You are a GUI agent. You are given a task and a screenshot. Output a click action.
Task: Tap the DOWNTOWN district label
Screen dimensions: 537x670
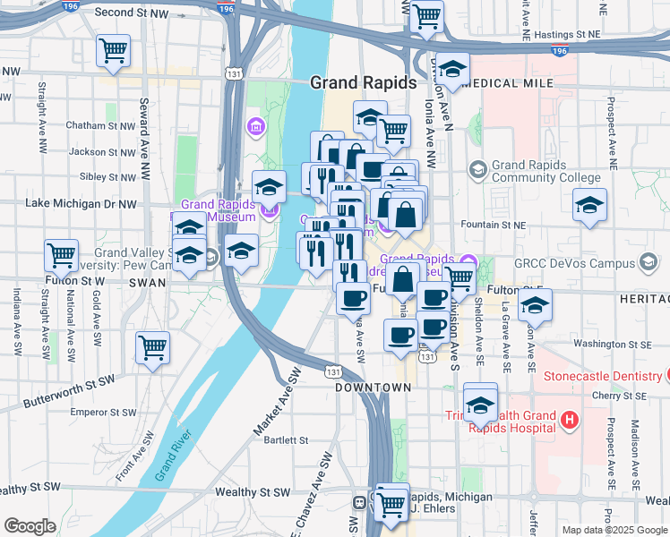click(x=374, y=388)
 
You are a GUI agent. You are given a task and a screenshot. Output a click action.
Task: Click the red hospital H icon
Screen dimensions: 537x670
click(x=567, y=418)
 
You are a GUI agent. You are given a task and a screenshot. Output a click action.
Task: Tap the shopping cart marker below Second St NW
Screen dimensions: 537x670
click(x=114, y=51)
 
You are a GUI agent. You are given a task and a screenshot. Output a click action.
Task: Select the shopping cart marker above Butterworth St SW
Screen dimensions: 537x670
click(x=153, y=347)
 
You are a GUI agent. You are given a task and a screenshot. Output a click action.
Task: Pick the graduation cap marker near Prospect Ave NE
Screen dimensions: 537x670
click(x=589, y=205)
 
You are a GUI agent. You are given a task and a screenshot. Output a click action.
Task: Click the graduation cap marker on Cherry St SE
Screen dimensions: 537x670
click(x=480, y=401)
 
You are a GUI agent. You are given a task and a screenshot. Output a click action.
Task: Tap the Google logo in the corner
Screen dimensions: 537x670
click(x=30, y=526)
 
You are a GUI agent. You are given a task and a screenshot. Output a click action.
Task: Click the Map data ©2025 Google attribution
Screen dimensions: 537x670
click(x=614, y=530)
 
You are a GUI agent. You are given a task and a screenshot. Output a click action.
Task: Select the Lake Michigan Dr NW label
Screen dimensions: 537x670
click(x=82, y=203)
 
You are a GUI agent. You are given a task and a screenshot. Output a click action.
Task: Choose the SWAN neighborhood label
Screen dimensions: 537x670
click(x=148, y=282)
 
